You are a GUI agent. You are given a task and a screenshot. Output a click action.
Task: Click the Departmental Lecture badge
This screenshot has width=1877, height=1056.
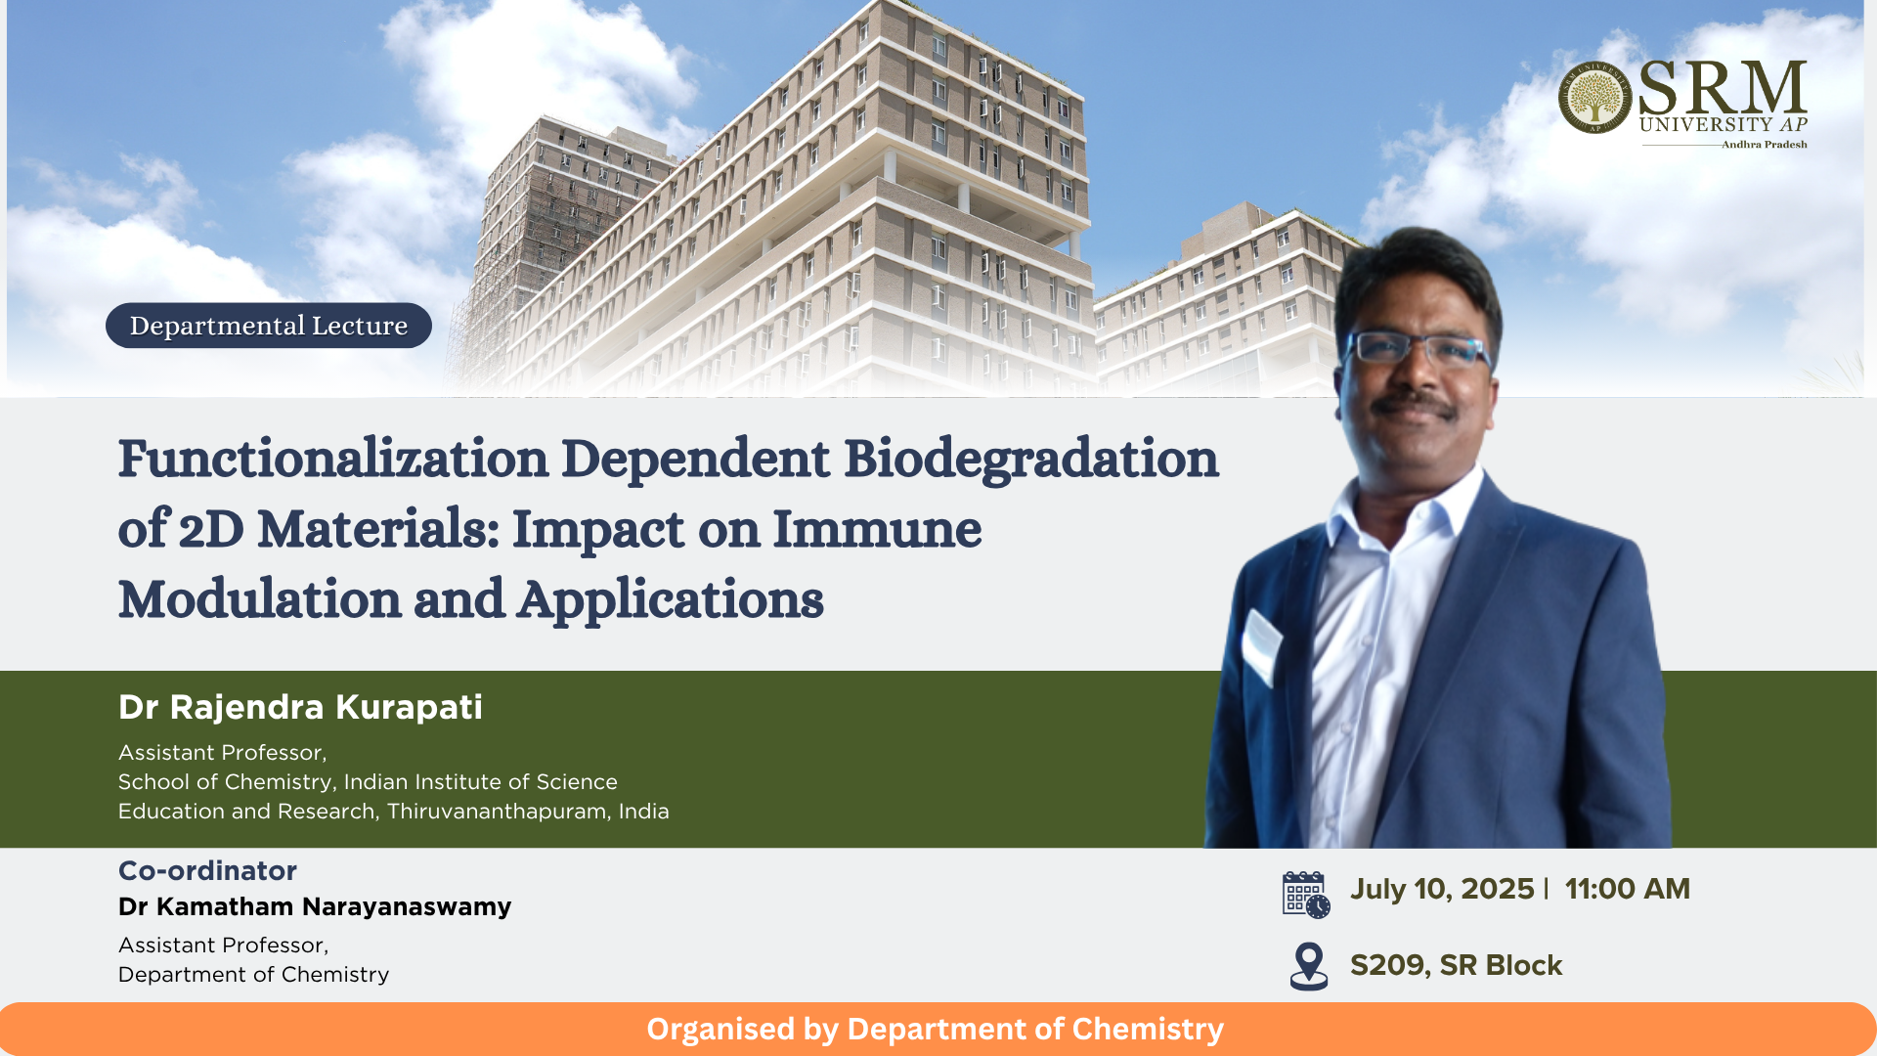tap(269, 326)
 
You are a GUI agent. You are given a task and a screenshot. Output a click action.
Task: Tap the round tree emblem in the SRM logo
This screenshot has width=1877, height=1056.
tap(1594, 98)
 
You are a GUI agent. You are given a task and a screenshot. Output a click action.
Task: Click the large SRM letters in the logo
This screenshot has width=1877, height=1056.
tap(1723, 87)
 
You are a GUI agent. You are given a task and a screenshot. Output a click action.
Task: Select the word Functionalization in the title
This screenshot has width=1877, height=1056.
tap(333, 459)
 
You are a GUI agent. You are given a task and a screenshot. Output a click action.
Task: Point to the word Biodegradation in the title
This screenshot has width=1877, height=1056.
tap(1031, 459)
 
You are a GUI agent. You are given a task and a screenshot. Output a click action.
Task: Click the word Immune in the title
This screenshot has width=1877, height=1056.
tap(877, 529)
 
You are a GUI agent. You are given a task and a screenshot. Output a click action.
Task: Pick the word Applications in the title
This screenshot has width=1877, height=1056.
tap(671, 600)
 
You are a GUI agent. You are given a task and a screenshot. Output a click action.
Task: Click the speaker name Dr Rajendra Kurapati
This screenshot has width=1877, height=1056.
tap(300, 707)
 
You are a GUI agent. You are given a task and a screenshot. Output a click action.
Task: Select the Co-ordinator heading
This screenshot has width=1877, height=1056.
tap(207, 870)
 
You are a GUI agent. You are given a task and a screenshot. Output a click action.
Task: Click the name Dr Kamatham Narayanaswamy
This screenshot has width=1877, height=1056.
tap(315, 906)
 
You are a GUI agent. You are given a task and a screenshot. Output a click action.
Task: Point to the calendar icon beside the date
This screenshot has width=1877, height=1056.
tap(1306, 895)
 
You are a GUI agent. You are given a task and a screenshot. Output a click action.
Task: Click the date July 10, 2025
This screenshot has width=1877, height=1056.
tap(1442, 889)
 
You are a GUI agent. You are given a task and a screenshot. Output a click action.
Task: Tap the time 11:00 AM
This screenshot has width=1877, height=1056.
tap(1628, 889)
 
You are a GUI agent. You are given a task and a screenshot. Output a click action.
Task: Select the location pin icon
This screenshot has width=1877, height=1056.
tap(1309, 966)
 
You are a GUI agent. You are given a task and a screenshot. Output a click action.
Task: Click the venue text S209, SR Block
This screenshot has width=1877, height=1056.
tap(1457, 965)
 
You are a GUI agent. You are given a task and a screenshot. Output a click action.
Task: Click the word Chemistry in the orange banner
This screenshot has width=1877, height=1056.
tap(1148, 1030)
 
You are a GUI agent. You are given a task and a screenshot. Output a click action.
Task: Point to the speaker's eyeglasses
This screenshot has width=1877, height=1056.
tap(1419, 349)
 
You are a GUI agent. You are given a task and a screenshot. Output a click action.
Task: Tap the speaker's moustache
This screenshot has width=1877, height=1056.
tap(1415, 403)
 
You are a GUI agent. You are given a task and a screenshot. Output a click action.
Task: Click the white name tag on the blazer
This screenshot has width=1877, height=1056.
tap(1261, 645)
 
